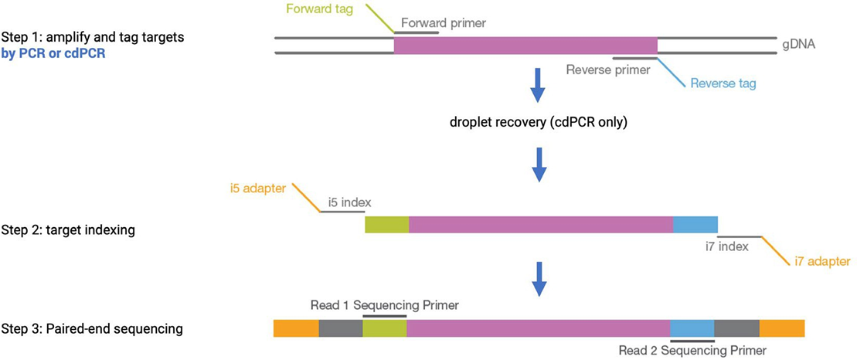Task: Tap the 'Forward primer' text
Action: [x=444, y=23]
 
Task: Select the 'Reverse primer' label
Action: [x=607, y=70]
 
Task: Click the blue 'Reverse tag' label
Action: [x=723, y=83]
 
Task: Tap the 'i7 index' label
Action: [x=726, y=246]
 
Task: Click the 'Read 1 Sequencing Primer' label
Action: [x=384, y=305]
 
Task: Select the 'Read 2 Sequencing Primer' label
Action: [x=692, y=350]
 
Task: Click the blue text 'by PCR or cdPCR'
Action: [x=53, y=54]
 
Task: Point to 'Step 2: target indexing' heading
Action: [x=68, y=229]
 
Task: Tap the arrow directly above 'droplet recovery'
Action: [x=539, y=84]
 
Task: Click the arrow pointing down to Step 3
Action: [x=539, y=277]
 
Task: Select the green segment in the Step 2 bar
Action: [x=386, y=225]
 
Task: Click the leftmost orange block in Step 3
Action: [x=296, y=328]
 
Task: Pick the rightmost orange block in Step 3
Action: [x=782, y=328]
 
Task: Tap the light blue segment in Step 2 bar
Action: [x=695, y=225]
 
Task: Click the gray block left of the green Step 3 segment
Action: [x=341, y=328]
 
